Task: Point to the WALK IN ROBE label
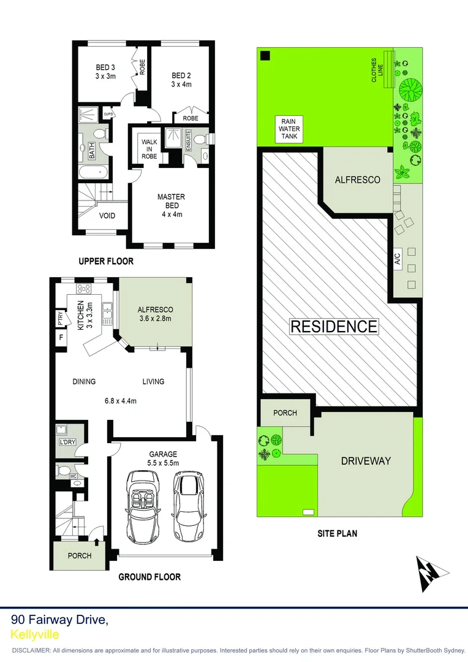point(149,149)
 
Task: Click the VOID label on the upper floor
point(107,216)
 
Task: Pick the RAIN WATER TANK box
point(289,129)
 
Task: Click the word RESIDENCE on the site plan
point(333,326)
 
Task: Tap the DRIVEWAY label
point(366,461)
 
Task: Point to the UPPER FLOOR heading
point(106,261)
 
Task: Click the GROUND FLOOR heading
point(149,577)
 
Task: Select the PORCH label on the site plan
point(285,413)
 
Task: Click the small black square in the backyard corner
point(265,56)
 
